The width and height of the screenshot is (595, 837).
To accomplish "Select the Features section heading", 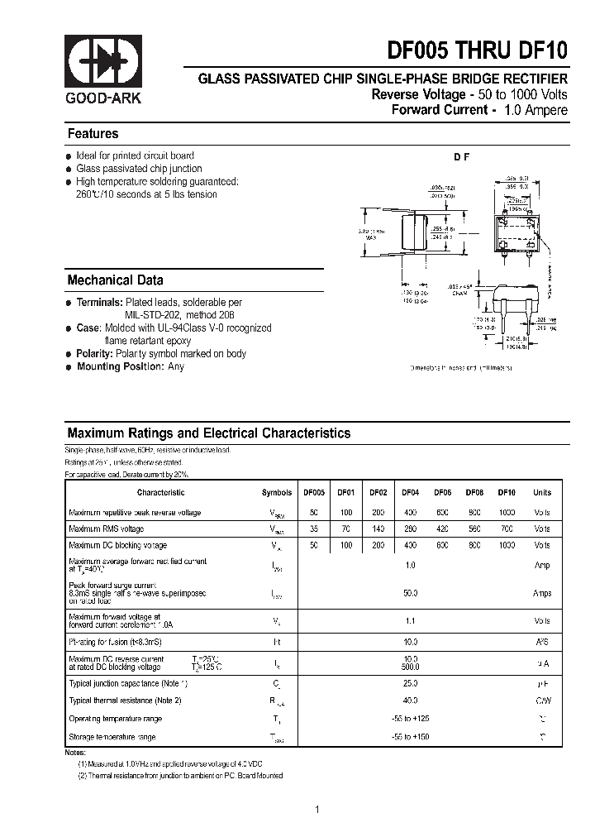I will pyautogui.click(x=93, y=134).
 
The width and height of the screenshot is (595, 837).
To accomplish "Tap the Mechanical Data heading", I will pyautogui.click(x=115, y=280).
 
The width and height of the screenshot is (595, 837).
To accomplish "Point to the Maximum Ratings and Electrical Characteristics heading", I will pyautogui.click(x=208, y=433).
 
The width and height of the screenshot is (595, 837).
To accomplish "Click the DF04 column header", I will pyautogui.click(x=410, y=492).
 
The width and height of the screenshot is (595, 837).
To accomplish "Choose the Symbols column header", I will pyautogui.click(x=277, y=492).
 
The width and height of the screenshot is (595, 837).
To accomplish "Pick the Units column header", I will pyautogui.click(x=542, y=492).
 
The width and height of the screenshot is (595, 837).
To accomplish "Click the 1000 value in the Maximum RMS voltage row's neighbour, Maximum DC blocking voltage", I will pyautogui.click(x=507, y=546).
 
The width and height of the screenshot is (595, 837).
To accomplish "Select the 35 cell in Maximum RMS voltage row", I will pyautogui.click(x=314, y=529).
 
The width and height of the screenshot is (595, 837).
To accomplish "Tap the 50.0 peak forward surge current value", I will pyautogui.click(x=410, y=594).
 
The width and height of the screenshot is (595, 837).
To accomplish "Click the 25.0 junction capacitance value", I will pyautogui.click(x=410, y=683).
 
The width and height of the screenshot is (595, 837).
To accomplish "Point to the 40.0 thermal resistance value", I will pyautogui.click(x=410, y=701).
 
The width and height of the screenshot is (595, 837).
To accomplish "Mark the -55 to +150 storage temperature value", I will pyautogui.click(x=410, y=737).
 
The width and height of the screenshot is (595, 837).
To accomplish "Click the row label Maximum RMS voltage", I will pyautogui.click(x=106, y=529).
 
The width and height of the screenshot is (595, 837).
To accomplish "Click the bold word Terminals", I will pyautogui.click(x=100, y=304).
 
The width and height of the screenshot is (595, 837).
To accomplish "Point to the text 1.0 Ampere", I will pyautogui.click(x=535, y=110).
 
